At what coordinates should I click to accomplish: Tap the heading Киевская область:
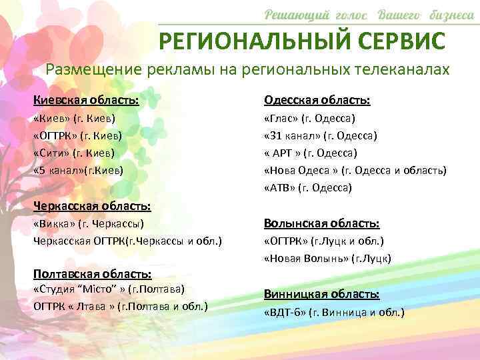(x=87, y=100)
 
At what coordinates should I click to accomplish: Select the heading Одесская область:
(x=317, y=100)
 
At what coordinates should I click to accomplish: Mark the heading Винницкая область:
(x=322, y=294)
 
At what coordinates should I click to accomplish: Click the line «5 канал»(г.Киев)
(x=78, y=170)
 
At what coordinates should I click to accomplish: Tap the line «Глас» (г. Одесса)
(x=310, y=119)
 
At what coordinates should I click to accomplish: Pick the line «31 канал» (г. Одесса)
(x=321, y=136)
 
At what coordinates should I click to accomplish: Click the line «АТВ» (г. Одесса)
(x=308, y=188)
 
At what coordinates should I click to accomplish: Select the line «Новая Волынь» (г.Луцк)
(x=327, y=258)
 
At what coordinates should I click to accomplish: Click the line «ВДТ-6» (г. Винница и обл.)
(x=334, y=312)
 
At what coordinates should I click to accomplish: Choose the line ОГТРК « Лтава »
(x=121, y=307)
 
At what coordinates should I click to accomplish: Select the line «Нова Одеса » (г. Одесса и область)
(x=355, y=170)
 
